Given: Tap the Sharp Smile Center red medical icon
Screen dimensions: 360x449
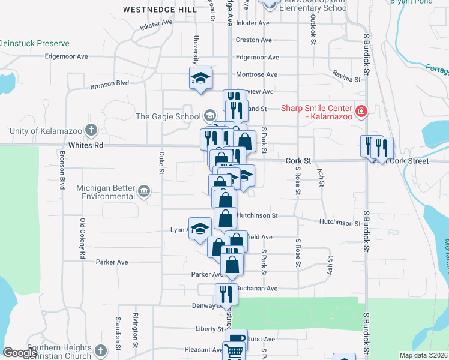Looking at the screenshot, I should [x=360, y=112].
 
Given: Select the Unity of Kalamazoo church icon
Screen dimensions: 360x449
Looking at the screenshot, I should [x=91, y=130].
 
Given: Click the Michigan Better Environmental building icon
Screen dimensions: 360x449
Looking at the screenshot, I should [x=144, y=191].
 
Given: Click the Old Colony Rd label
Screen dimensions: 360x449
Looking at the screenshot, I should [x=83, y=239].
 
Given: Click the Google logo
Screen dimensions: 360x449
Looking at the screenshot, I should [x=20, y=353].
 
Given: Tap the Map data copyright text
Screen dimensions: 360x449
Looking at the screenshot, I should [x=423, y=355].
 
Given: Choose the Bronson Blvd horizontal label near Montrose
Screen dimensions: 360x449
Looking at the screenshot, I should [x=110, y=83].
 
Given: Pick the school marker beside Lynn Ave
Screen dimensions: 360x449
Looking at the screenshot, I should [x=200, y=228].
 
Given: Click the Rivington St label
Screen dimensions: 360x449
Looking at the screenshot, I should [x=136, y=331].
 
